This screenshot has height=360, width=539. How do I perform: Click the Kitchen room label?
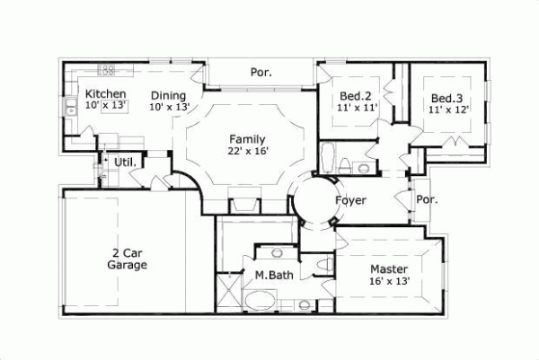[105, 93]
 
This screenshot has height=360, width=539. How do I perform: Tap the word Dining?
[168, 95]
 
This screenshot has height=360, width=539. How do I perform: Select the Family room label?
[247, 139]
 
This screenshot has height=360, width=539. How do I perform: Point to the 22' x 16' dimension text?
[249, 152]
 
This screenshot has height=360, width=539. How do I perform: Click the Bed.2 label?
[357, 96]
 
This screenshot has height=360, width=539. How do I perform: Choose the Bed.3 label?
[446, 98]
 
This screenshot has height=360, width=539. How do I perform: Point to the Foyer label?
[350, 201]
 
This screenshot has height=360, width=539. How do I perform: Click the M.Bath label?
[270, 275]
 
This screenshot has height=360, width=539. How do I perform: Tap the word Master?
[389, 269]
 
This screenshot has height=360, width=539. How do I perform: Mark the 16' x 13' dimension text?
[389, 281]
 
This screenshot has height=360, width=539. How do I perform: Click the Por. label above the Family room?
[261, 71]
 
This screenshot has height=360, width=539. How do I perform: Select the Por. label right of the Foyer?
[427, 200]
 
